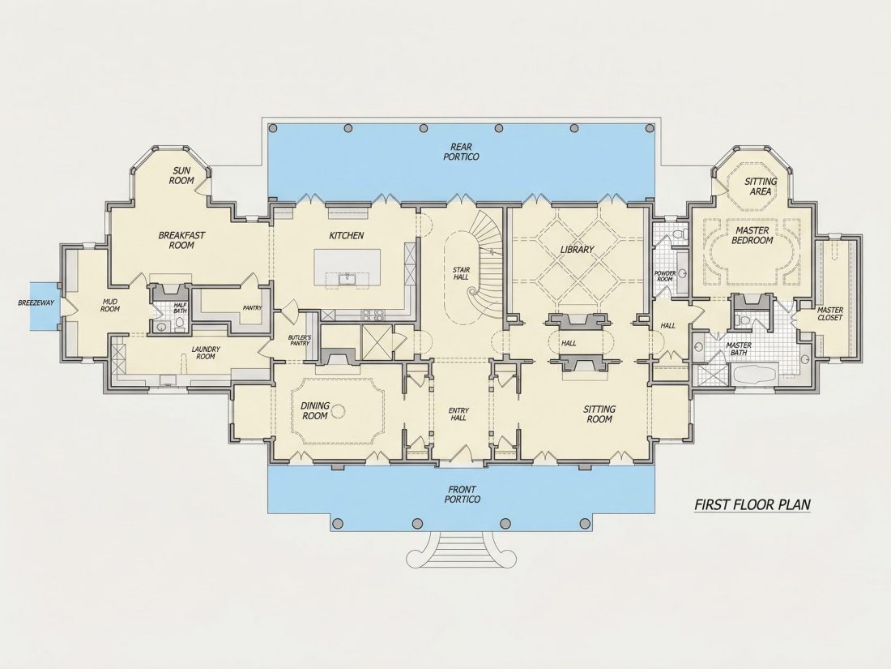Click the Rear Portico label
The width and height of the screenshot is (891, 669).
click(461, 152)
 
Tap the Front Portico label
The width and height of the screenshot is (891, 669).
click(462, 495)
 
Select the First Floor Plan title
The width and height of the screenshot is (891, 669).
click(752, 504)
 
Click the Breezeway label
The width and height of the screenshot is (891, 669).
click(36, 302)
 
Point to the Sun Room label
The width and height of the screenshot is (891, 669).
click(181, 175)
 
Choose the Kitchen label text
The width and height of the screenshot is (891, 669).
click(347, 235)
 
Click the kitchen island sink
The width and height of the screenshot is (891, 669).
click(346, 278)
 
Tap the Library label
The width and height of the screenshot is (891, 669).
click(577, 249)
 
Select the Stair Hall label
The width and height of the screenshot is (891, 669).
click(461, 273)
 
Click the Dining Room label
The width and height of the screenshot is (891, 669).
click(315, 411)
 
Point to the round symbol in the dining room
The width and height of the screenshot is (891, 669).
click(339, 410)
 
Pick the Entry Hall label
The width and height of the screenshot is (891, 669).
click(458, 414)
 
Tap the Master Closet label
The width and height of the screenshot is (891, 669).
click(830, 314)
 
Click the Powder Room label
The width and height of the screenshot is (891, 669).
click(665, 276)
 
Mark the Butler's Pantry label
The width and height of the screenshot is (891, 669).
click(300, 341)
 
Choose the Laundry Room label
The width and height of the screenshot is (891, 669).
click(206, 353)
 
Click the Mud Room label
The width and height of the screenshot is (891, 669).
click(110, 305)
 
